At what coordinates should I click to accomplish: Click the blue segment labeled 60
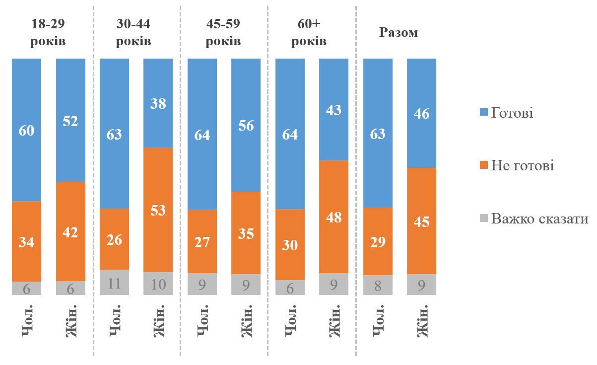pos(26,130)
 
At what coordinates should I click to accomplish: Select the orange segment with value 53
pos(158,210)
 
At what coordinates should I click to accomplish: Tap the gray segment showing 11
pos(114,283)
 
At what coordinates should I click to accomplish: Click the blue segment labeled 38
pos(158,103)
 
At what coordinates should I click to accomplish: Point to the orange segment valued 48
pos(333,217)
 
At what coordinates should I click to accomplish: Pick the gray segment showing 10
pos(158,284)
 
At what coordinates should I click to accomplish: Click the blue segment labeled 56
pos(246,125)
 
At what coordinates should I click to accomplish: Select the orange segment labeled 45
pos(421,221)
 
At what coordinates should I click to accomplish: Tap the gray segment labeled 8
pos(378,285)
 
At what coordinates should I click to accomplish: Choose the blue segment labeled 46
pos(421,113)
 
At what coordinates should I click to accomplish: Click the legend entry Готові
pos(511,113)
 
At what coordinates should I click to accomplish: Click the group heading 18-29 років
pos(48,32)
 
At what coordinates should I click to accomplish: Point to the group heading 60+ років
pos(309,32)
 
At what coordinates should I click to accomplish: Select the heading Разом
pos(398,33)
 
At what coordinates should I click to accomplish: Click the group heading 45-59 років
pos(223,32)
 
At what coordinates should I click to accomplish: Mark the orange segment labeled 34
pos(26,241)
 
